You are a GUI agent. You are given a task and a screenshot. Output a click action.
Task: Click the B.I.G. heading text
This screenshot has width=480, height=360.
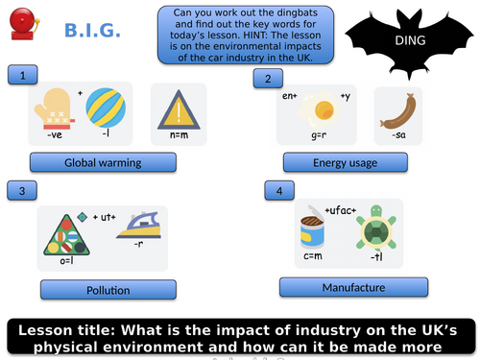92,33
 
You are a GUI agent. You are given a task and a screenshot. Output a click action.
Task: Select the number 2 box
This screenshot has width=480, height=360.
269,79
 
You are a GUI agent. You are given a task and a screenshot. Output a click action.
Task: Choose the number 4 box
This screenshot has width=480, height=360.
279,192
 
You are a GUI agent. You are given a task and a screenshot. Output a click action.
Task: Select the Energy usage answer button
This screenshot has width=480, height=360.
345,163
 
